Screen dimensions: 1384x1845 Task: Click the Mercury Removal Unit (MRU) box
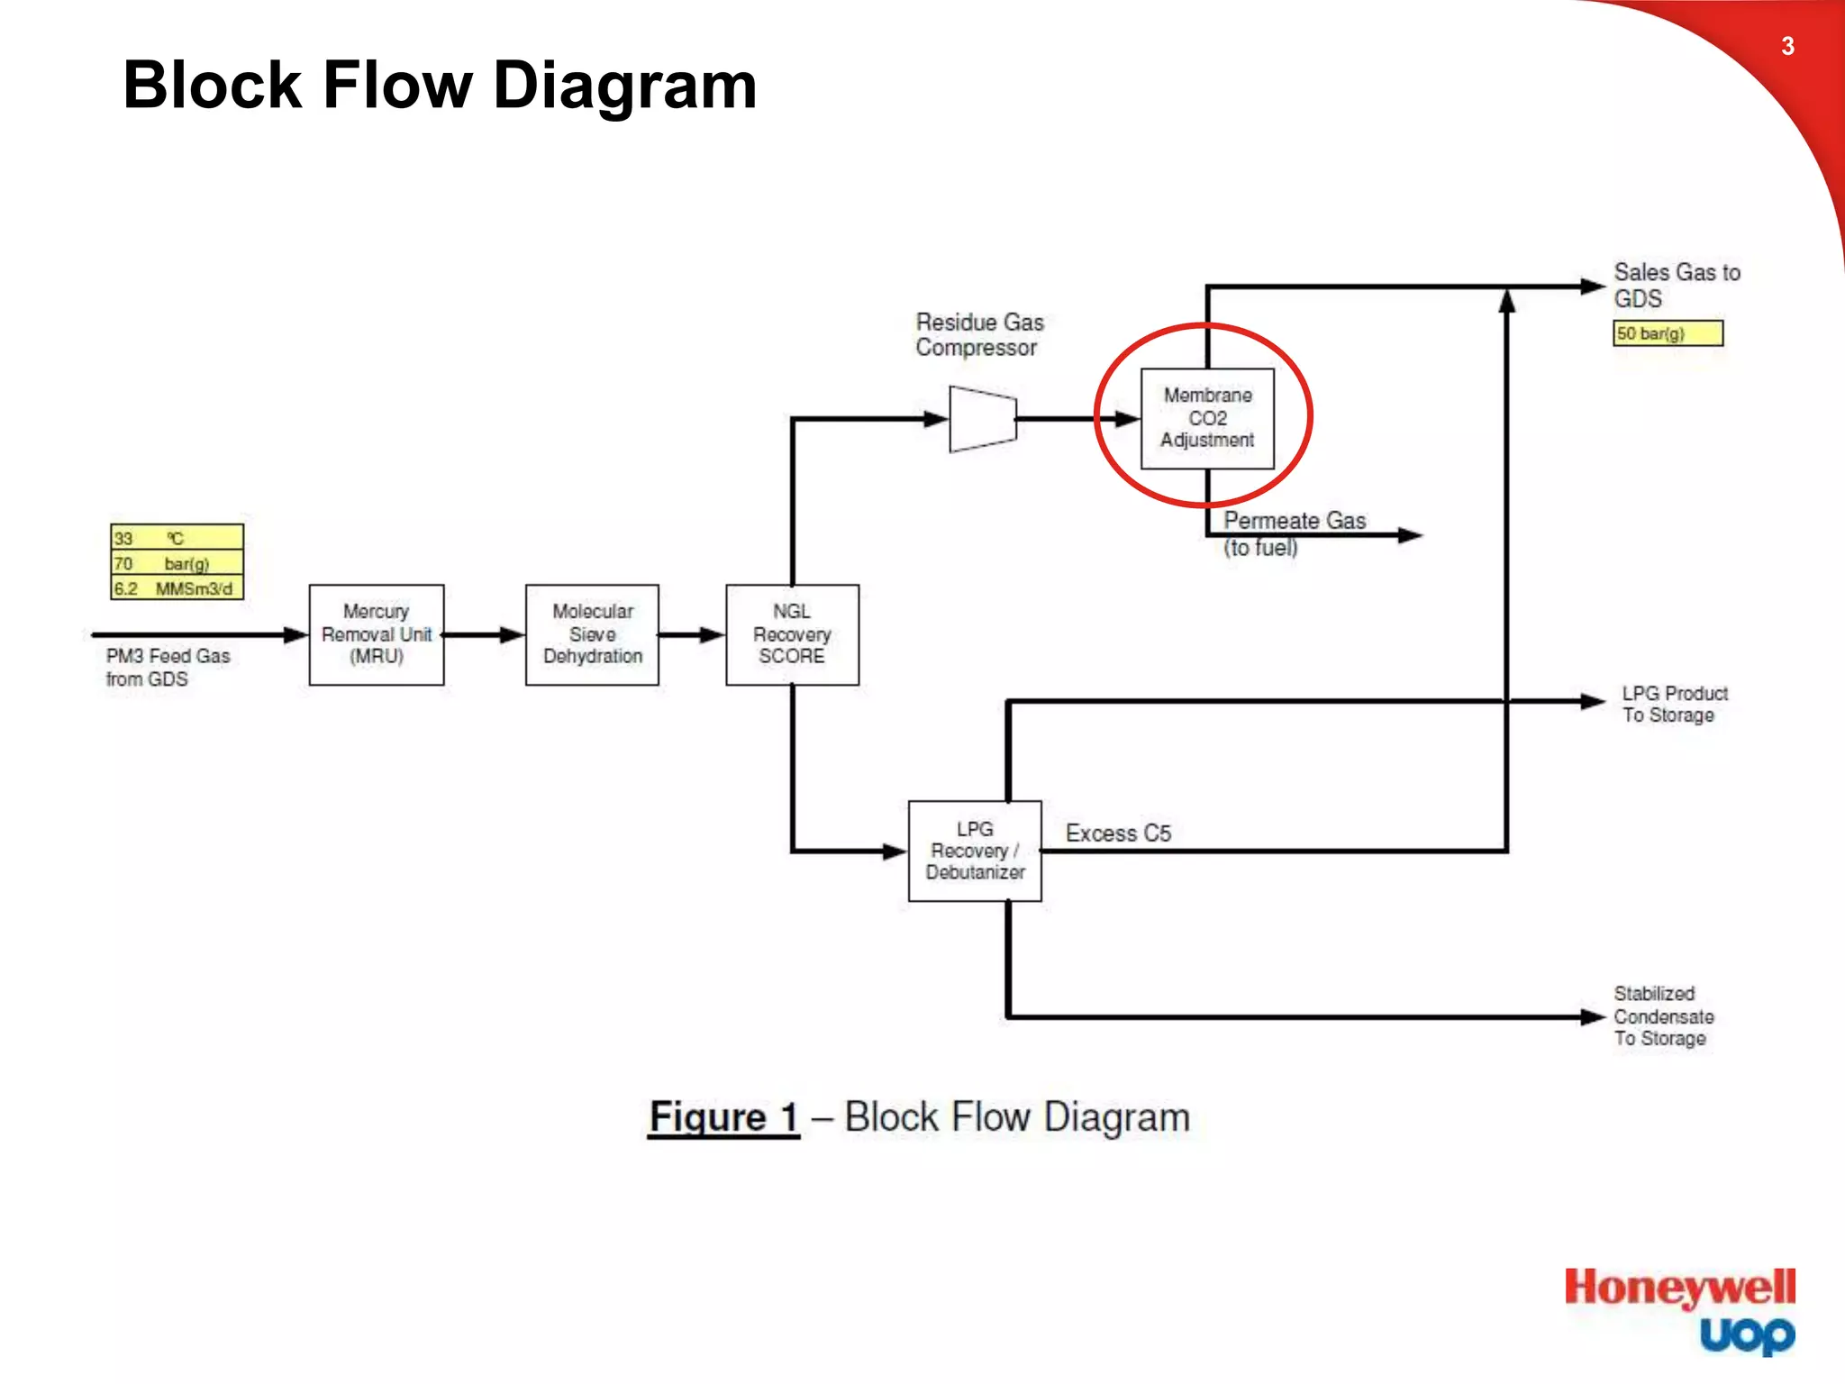[377, 634]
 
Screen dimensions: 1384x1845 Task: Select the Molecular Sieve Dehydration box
[592, 634]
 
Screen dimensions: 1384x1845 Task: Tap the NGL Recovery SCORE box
[792, 634]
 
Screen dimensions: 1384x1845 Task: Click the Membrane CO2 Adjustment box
[1207, 418]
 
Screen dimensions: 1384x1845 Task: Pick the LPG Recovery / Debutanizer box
[975, 851]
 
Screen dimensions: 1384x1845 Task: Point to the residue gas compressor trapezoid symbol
[983, 419]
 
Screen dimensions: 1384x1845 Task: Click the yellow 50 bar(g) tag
[1668, 333]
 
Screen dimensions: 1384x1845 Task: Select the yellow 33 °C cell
[177, 538]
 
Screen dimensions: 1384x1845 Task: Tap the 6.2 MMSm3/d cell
[177, 588]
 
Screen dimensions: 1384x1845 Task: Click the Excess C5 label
[1118, 833]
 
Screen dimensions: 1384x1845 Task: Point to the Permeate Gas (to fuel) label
[1294, 533]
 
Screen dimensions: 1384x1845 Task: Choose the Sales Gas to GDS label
[1676, 285]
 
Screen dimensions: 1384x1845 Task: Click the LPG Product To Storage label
[1675, 704]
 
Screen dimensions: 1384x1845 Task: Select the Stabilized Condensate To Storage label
[1663, 1016]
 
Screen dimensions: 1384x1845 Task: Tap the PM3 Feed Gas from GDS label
[168, 668]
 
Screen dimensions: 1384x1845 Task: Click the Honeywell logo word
[1679, 1288]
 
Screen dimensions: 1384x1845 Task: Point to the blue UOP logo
[1747, 1335]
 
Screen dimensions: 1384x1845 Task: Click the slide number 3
[1787, 46]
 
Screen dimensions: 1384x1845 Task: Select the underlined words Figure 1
[724, 1117]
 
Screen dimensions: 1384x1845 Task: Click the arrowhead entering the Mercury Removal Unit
[296, 635]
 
